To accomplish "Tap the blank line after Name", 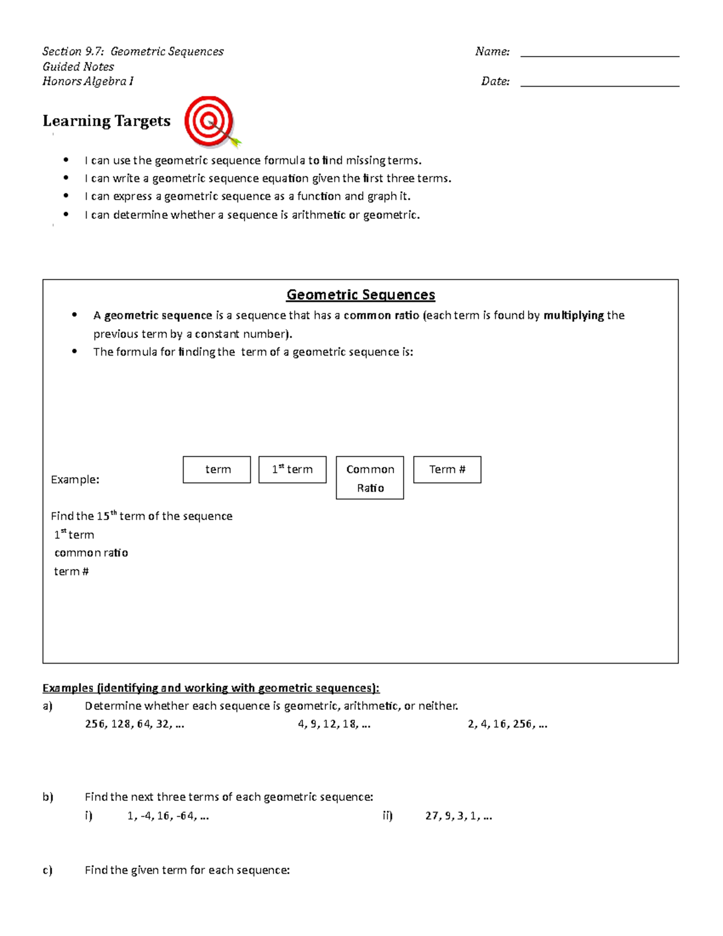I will coord(599,55).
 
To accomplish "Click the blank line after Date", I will coord(599,86).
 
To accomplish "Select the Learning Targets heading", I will coord(107,121).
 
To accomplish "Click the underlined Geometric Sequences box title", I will coord(360,295).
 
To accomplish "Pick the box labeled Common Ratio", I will coord(370,478).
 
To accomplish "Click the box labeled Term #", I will coord(447,470).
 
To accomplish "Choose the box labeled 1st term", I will coord(292,470).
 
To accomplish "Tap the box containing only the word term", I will coord(217,470).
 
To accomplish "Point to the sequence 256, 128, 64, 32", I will coord(134,724).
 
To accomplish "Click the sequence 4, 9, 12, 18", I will coord(334,724).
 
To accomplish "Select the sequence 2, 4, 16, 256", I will coord(507,724).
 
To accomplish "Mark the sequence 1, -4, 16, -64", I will coord(168,816).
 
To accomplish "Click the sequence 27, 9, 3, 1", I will coord(459,816).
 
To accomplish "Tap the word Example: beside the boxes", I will coord(75,480).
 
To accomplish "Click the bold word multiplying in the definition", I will coord(574,315).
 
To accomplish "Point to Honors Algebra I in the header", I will coord(88,81).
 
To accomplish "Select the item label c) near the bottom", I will coord(48,870).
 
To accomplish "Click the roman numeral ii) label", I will coord(387,816).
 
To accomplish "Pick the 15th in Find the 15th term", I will coord(106,516).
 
